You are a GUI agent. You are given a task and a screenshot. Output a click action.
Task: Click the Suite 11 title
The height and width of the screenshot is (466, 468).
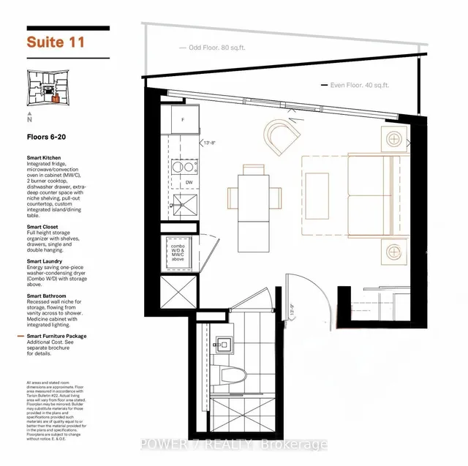coord(56,42)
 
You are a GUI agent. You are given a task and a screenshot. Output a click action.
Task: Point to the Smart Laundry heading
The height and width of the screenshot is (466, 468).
coord(45,261)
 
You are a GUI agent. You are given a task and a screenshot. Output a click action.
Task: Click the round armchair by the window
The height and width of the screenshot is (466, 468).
coord(283,135)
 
